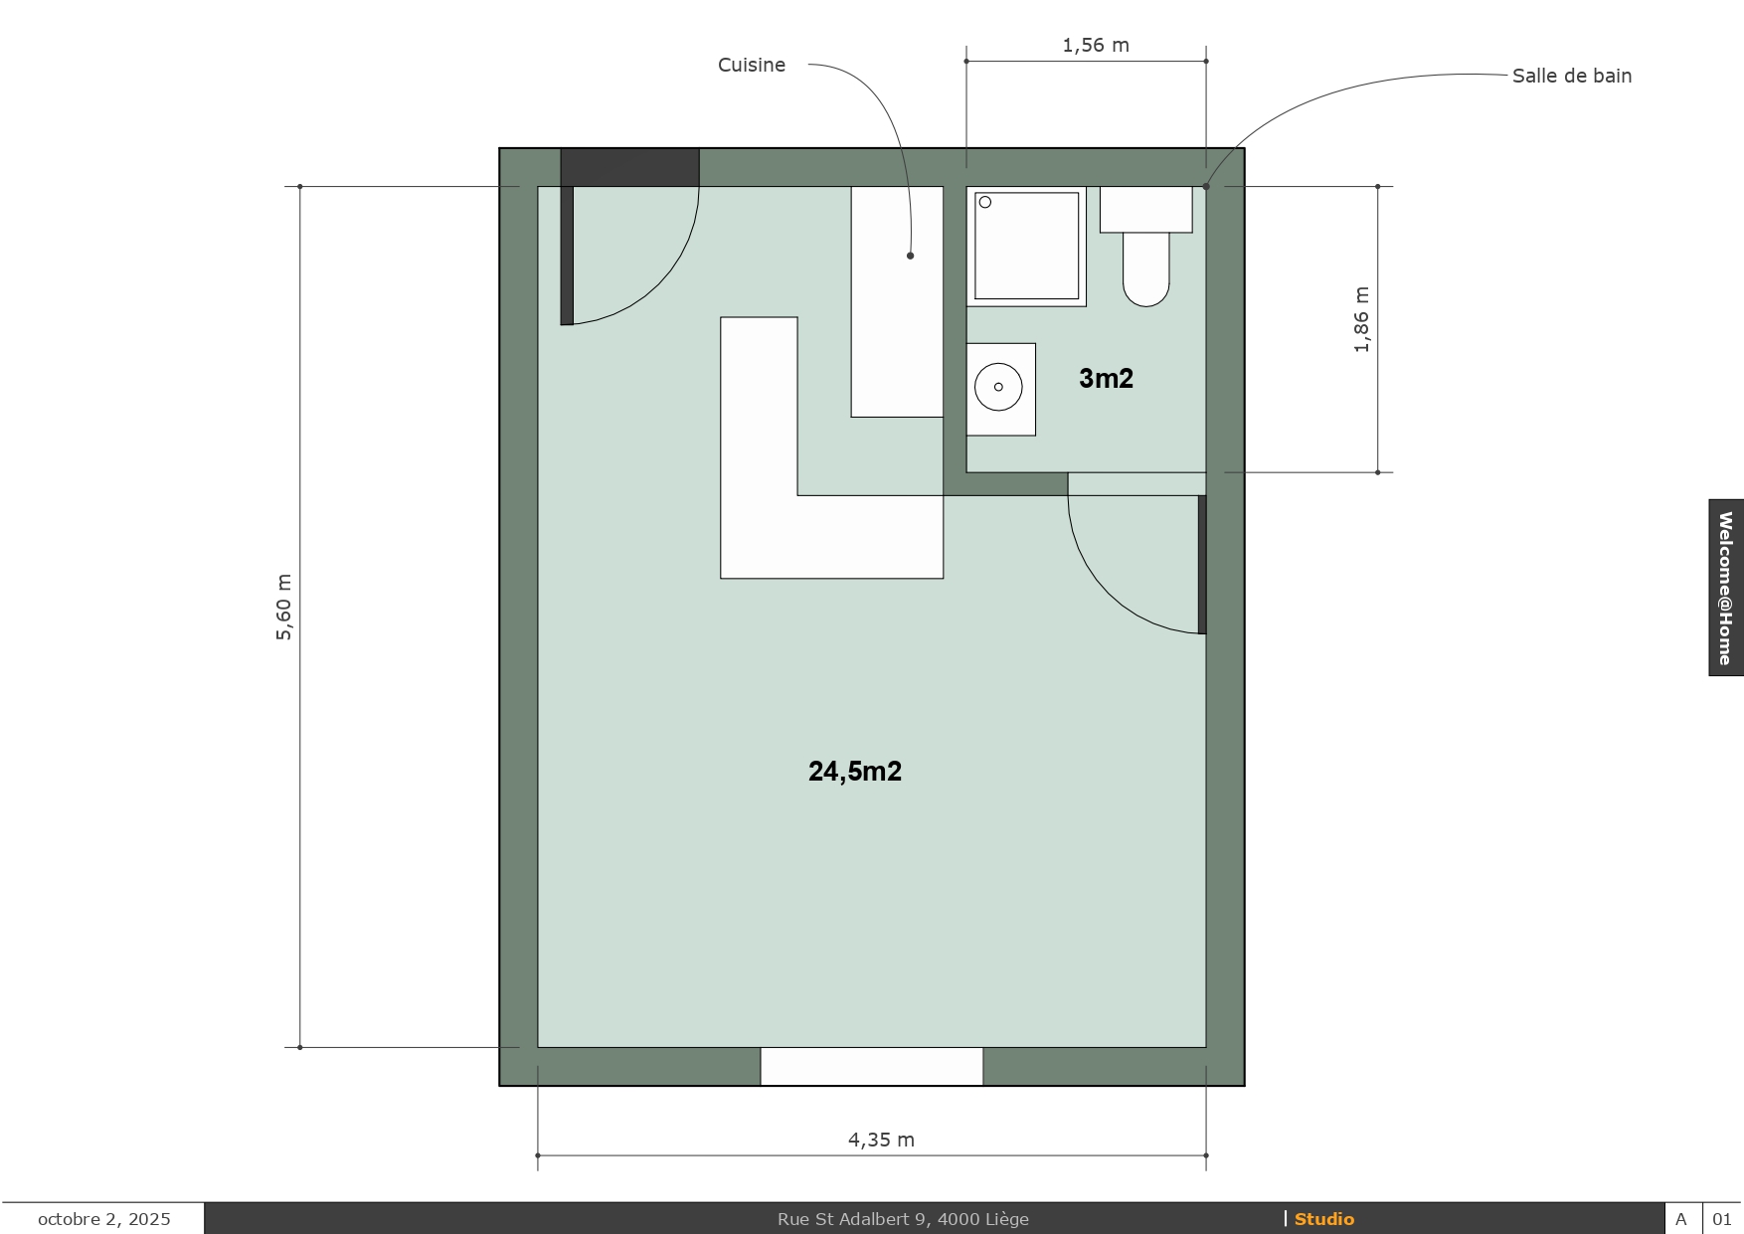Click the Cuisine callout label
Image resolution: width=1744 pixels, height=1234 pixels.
752,65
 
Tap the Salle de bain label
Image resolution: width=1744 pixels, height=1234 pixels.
1572,76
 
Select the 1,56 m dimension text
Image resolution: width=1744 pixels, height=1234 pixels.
1096,45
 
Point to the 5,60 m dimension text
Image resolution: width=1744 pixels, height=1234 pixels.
283,607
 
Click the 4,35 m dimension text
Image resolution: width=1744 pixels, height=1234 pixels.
881,1140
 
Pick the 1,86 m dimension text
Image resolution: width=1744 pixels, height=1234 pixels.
1361,319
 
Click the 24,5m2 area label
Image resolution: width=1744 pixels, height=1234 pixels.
855,772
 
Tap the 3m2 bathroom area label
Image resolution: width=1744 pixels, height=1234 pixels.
1107,378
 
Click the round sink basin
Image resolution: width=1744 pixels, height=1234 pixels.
998,387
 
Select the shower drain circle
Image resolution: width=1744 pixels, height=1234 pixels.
985,203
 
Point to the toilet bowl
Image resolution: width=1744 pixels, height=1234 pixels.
1145,269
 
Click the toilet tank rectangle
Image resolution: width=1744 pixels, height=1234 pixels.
1145,210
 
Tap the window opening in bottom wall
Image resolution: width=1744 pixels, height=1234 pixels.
872,1066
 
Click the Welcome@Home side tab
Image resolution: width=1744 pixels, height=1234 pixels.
1726,588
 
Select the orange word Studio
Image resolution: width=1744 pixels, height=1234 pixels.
1324,1219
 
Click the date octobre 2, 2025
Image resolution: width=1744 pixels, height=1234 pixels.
104,1219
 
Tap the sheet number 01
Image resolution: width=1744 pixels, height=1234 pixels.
1722,1219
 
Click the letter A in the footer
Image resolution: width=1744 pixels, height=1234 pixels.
1681,1219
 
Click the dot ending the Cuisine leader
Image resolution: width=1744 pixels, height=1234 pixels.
910,256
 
